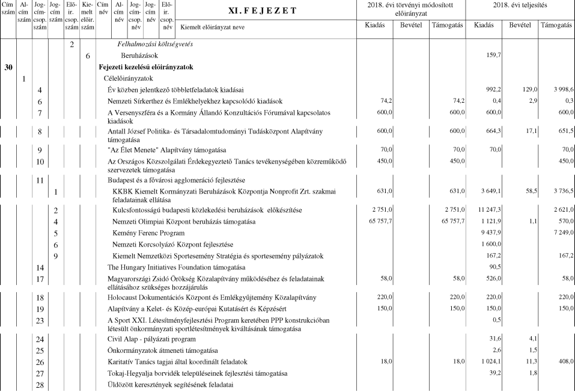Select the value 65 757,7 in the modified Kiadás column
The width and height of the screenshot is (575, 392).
coord(379,222)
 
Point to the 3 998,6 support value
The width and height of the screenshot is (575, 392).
coord(558,90)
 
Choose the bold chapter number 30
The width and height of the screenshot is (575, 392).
coord(8,67)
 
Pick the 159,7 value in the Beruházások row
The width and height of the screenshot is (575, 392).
coord(493,55)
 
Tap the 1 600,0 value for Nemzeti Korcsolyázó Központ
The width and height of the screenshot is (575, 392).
coord(491,245)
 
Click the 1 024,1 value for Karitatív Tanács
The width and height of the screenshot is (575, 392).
coord(491,361)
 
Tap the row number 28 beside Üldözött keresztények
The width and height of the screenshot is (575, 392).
coord(40,384)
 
